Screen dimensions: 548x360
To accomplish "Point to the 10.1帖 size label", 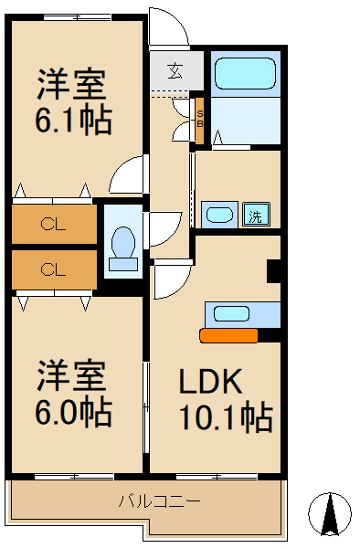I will (x=225, y=417).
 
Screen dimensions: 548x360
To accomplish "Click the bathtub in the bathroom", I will (x=245, y=72).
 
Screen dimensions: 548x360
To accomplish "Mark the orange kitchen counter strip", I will (x=228, y=335).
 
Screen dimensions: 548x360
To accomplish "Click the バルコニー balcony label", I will (x=160, y=501).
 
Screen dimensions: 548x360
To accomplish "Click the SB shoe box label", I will (x=200, y=120).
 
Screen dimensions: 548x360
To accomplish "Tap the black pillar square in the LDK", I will (x=273, y=271).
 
